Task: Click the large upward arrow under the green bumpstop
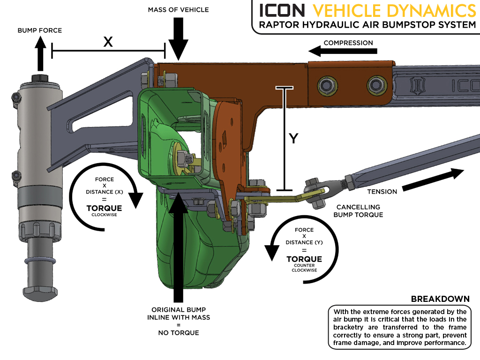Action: pos(178,248)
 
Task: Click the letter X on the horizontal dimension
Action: pos(108,42)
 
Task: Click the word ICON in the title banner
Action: pos(282,10)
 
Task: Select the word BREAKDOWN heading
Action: pos(440,299)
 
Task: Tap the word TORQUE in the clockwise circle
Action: pos(104,208)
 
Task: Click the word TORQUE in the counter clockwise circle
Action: pos(304,259)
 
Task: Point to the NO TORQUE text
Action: pos(178,333)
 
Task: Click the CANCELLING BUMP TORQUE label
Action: pos(359,211)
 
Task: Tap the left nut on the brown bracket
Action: pos(324,85)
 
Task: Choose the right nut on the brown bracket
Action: pos(374,85)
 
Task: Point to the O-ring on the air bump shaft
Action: pos(41,260)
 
